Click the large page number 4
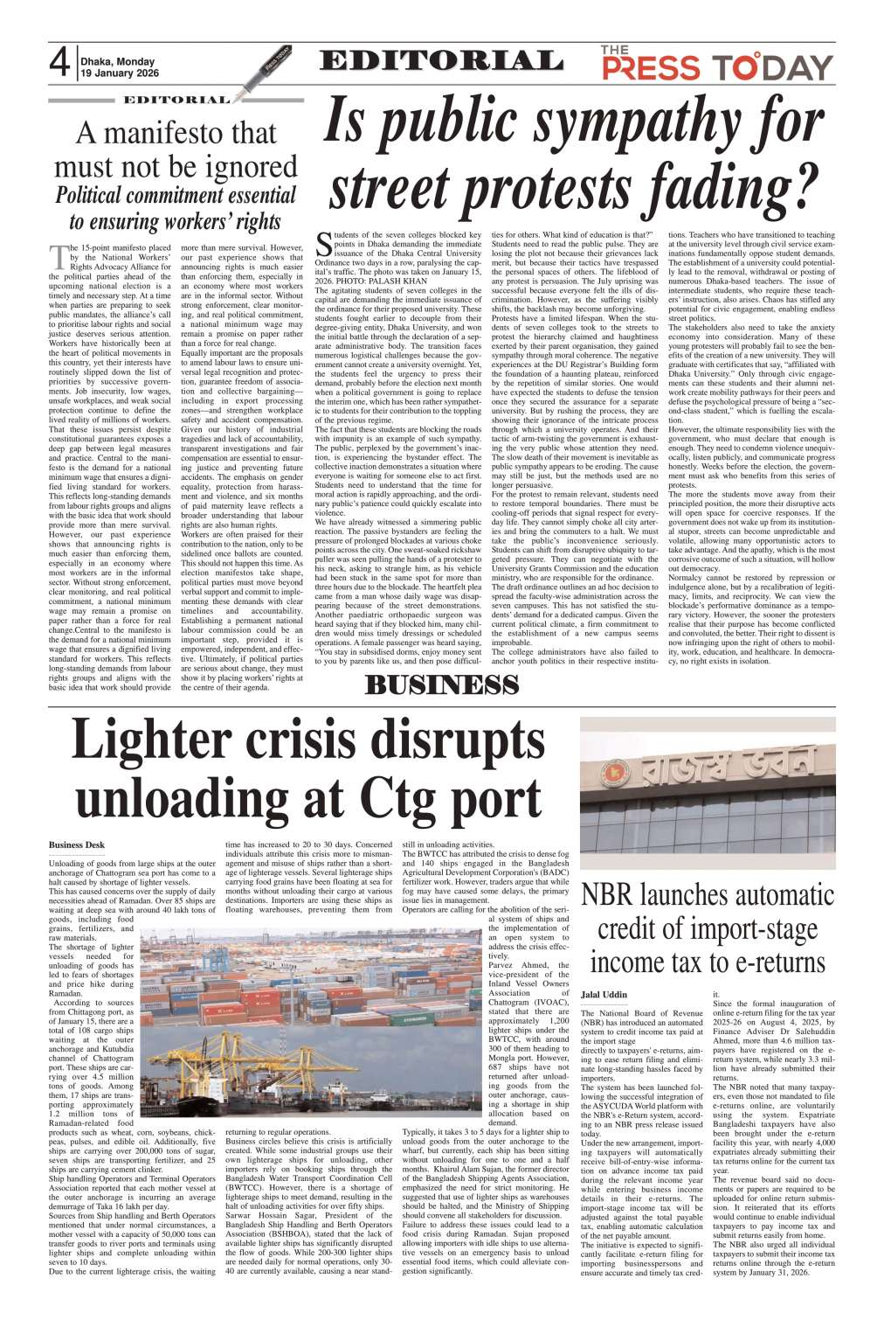pos(59,65)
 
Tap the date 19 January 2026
pos(117,74)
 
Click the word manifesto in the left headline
pos(178,133)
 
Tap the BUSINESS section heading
pos(442,685)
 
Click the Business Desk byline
pos(77,844)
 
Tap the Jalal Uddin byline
pos(604,995)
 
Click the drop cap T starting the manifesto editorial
pos(58,258)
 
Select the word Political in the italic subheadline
pos(97,195)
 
